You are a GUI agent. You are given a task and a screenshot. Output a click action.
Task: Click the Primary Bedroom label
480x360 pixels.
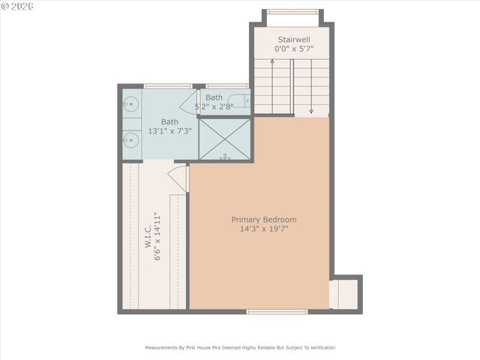point(263,220)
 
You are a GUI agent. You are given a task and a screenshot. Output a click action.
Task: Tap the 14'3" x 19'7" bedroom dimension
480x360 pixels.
point(263,229)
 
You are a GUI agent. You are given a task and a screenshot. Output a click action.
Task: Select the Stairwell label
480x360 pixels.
point(293,40)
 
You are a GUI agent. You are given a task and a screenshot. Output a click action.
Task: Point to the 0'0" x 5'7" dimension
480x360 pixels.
point(293,49)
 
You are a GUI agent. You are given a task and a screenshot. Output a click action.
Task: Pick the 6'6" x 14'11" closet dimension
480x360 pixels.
point(157,236)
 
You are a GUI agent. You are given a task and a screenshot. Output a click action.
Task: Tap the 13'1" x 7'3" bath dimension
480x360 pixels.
point(169,131)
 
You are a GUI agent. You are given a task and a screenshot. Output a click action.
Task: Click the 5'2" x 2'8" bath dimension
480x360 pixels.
point(214,106)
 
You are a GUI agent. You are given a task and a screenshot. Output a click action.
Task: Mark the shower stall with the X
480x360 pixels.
point(226,139)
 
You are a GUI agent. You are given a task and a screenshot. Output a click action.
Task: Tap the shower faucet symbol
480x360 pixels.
point(225,157)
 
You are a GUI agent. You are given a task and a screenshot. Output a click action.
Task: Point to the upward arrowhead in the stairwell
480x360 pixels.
point(272,62)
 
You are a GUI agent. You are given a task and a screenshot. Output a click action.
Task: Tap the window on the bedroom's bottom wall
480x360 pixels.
point(277,311)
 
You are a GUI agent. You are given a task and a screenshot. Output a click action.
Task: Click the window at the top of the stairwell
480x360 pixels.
point(292,11)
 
